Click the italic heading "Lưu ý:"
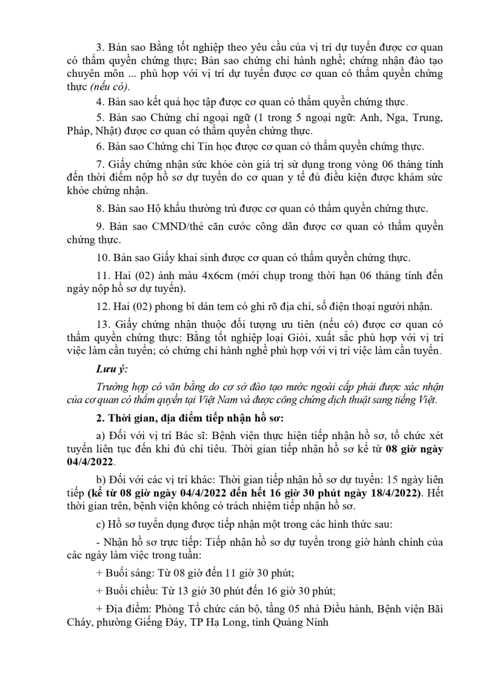click(111, 370)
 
